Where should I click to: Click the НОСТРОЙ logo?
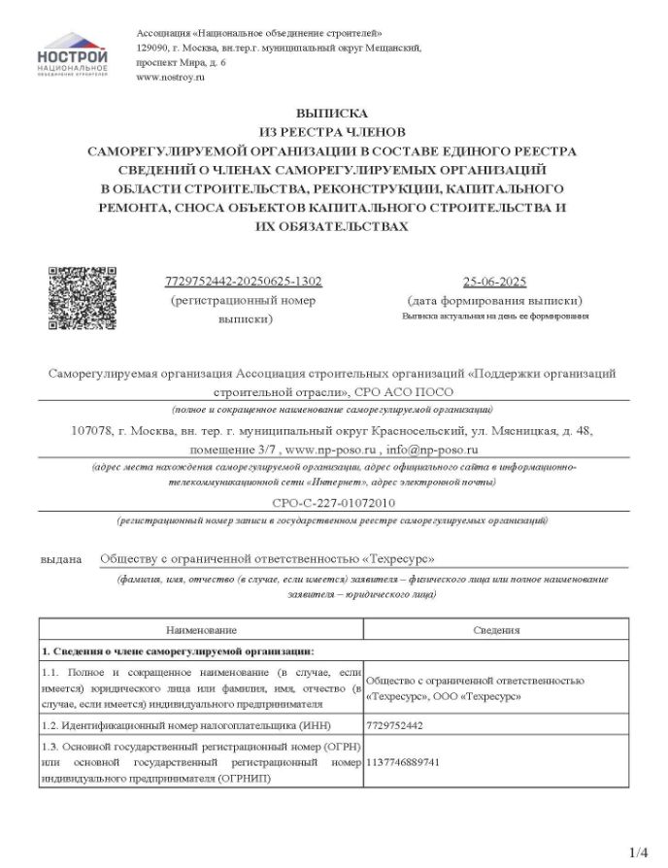click(73, 57)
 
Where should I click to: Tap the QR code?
click(83, 298)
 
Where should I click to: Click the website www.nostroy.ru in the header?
click(171, 77)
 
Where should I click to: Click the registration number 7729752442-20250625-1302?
click(244, 282)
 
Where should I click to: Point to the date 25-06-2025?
click(494, 282)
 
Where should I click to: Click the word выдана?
click(61, 559)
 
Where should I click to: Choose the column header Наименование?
click(201, 630)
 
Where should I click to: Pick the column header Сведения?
click(496, 630)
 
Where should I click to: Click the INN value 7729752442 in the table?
click(396, 724)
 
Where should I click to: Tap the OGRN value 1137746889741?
click(403, 762)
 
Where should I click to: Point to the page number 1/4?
click(639, 852)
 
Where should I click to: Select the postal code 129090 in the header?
click(154, 47)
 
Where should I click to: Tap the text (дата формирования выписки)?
click(494, 301)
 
